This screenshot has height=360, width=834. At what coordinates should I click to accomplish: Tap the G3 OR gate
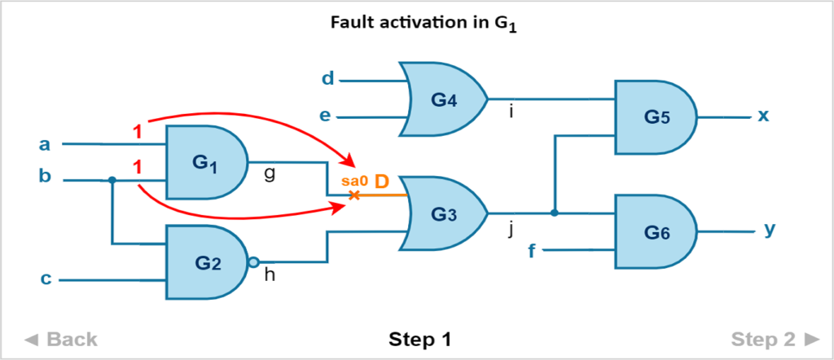[x=443, y=213]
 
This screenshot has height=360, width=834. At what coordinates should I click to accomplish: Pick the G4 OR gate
[x=443, y=99]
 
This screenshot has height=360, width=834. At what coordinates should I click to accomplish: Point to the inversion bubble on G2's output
[x=254, y=262]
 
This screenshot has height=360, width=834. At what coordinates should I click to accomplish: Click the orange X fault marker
[x=353, y=195]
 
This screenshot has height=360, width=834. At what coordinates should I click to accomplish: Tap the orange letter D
[x=382, y=182]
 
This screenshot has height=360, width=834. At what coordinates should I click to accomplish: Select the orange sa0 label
[x=353, y=182]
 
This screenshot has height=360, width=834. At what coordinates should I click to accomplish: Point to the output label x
[x=763, y=116]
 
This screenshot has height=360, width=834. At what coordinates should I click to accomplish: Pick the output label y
[x=770, y=230]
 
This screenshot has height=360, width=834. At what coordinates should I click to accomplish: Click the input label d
[x=327, y=79]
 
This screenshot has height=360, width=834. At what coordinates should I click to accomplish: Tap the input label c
[x=46, y=279]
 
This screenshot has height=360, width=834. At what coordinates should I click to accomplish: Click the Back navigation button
[x=60, y=339]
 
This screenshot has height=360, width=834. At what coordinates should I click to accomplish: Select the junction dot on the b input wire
[x=112, y=180]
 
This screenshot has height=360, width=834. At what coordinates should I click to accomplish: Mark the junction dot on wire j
[x=554, y=213]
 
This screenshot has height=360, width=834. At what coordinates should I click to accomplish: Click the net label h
[x=270, y=277]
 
